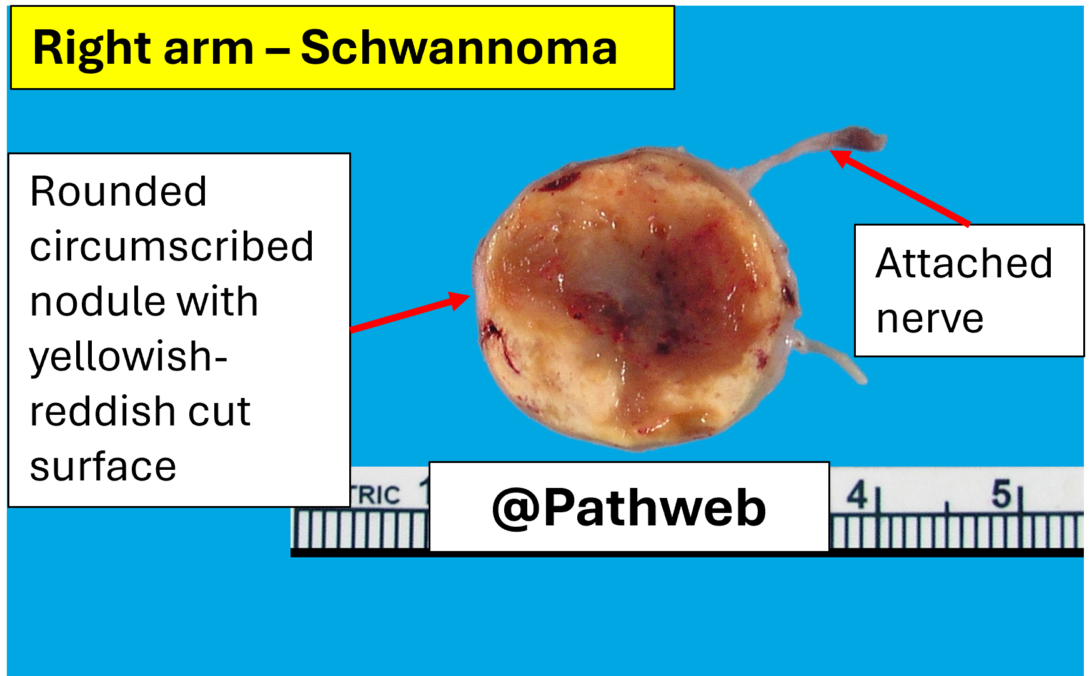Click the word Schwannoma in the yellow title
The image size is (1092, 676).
pos(459,48)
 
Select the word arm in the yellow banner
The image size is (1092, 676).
pos(208,52)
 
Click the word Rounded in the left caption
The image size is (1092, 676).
pos(118,191)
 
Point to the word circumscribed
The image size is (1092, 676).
pos(172,246)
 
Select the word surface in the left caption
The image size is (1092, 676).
pos(103,467)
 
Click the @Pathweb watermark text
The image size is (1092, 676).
pos(629,508)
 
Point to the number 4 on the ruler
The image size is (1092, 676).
pos(857,495)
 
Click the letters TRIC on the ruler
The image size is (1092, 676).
pos(375,495)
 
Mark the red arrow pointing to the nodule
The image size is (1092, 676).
pos(410,312)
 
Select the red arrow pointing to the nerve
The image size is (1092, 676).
pos(900,187)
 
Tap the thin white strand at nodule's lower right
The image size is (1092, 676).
pos(828,356)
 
